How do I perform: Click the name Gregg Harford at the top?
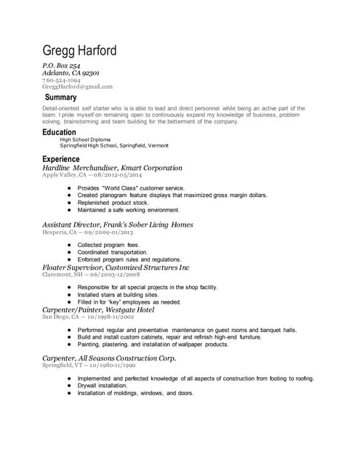79,52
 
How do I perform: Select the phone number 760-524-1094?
61,80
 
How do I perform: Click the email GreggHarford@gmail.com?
77,86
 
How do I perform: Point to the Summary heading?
60,97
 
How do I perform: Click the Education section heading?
59,132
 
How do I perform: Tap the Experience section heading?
61,158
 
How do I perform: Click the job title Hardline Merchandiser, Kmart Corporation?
112,167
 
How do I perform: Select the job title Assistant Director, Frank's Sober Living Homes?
117,225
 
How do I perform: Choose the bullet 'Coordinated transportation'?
113,252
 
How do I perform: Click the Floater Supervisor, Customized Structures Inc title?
116,268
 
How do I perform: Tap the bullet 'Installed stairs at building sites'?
118,295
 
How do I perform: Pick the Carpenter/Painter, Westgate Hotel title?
98,310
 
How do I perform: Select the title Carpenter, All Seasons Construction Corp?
109,359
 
